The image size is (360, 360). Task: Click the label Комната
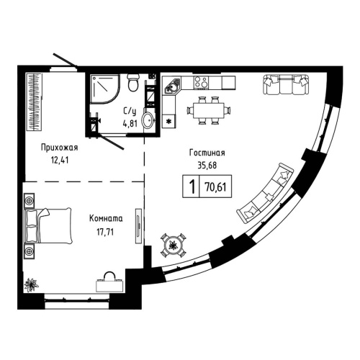pyautogui.click(x=105, y=217)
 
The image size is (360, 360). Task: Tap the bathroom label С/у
pyautogui.click(x=130, y=111)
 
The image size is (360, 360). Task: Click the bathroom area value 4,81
pyautogui.click(x=130, y=122)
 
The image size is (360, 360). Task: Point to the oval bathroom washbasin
pyautogui.click(x=147, y=120)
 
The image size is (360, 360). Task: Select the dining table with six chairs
pyautogui.click(x=210, y=109)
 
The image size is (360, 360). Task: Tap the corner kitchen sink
pyautogui.click(x=171, y=89)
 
